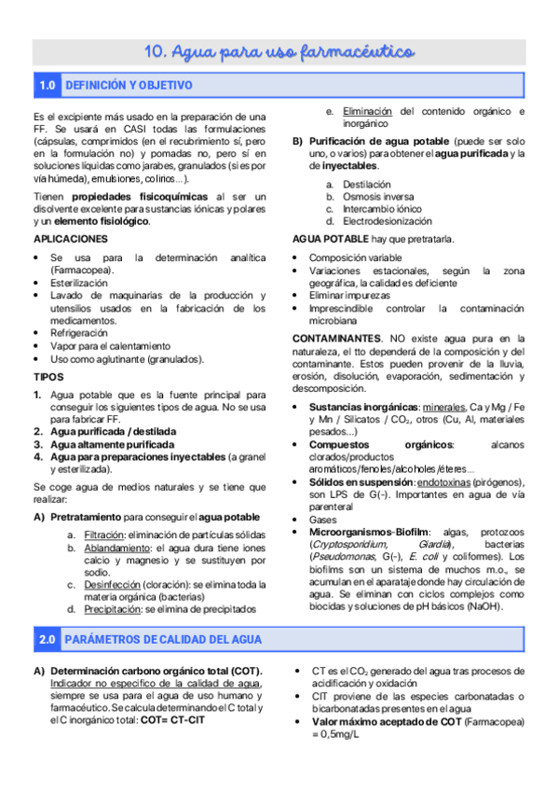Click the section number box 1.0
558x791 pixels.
point(48,86)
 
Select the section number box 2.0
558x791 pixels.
point(48,640)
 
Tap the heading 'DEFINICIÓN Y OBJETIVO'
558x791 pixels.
point(129,86)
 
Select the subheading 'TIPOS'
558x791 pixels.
point(48,377)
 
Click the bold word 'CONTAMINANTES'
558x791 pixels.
point(335,337)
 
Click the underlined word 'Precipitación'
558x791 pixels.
point(111,609)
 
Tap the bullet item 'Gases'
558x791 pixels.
point(322,519)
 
